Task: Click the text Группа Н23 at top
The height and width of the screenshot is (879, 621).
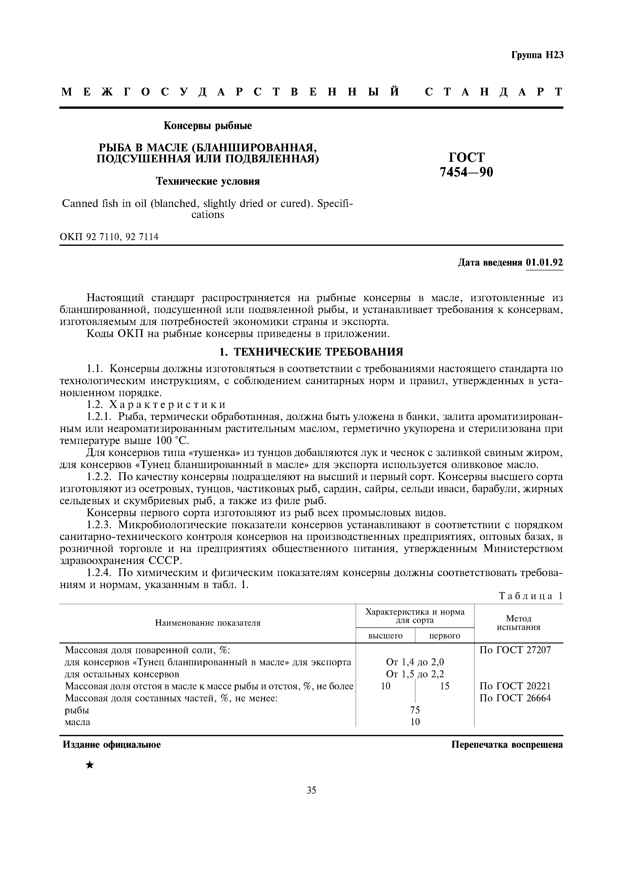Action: click(537, 55)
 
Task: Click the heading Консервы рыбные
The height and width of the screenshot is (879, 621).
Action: click(208, 126)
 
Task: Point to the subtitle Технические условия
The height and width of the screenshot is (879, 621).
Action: click(207, 181)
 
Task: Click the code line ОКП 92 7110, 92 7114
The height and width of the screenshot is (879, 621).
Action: click(109, 237)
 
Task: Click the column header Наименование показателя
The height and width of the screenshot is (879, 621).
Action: click(207, 623)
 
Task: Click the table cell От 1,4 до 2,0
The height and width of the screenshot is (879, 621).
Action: click(415, 662)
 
